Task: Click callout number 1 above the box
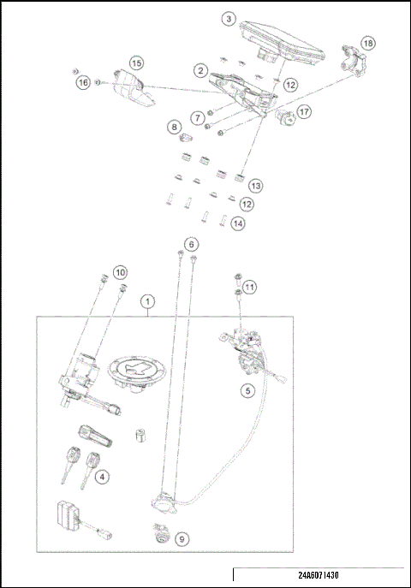pos(149,301)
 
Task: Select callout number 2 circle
pos(200,70)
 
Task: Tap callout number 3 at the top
pos(228,18)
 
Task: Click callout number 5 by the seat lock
pos(247,391)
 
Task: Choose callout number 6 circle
pos(191,243)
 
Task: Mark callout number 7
pos(197,116)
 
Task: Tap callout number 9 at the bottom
pos(181,538)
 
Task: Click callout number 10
pos(121,271)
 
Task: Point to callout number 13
pos(255,185)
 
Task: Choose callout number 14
pos(237,223)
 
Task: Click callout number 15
pos(136,62)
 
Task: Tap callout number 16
pos(82,82)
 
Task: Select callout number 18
pos(367,43)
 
